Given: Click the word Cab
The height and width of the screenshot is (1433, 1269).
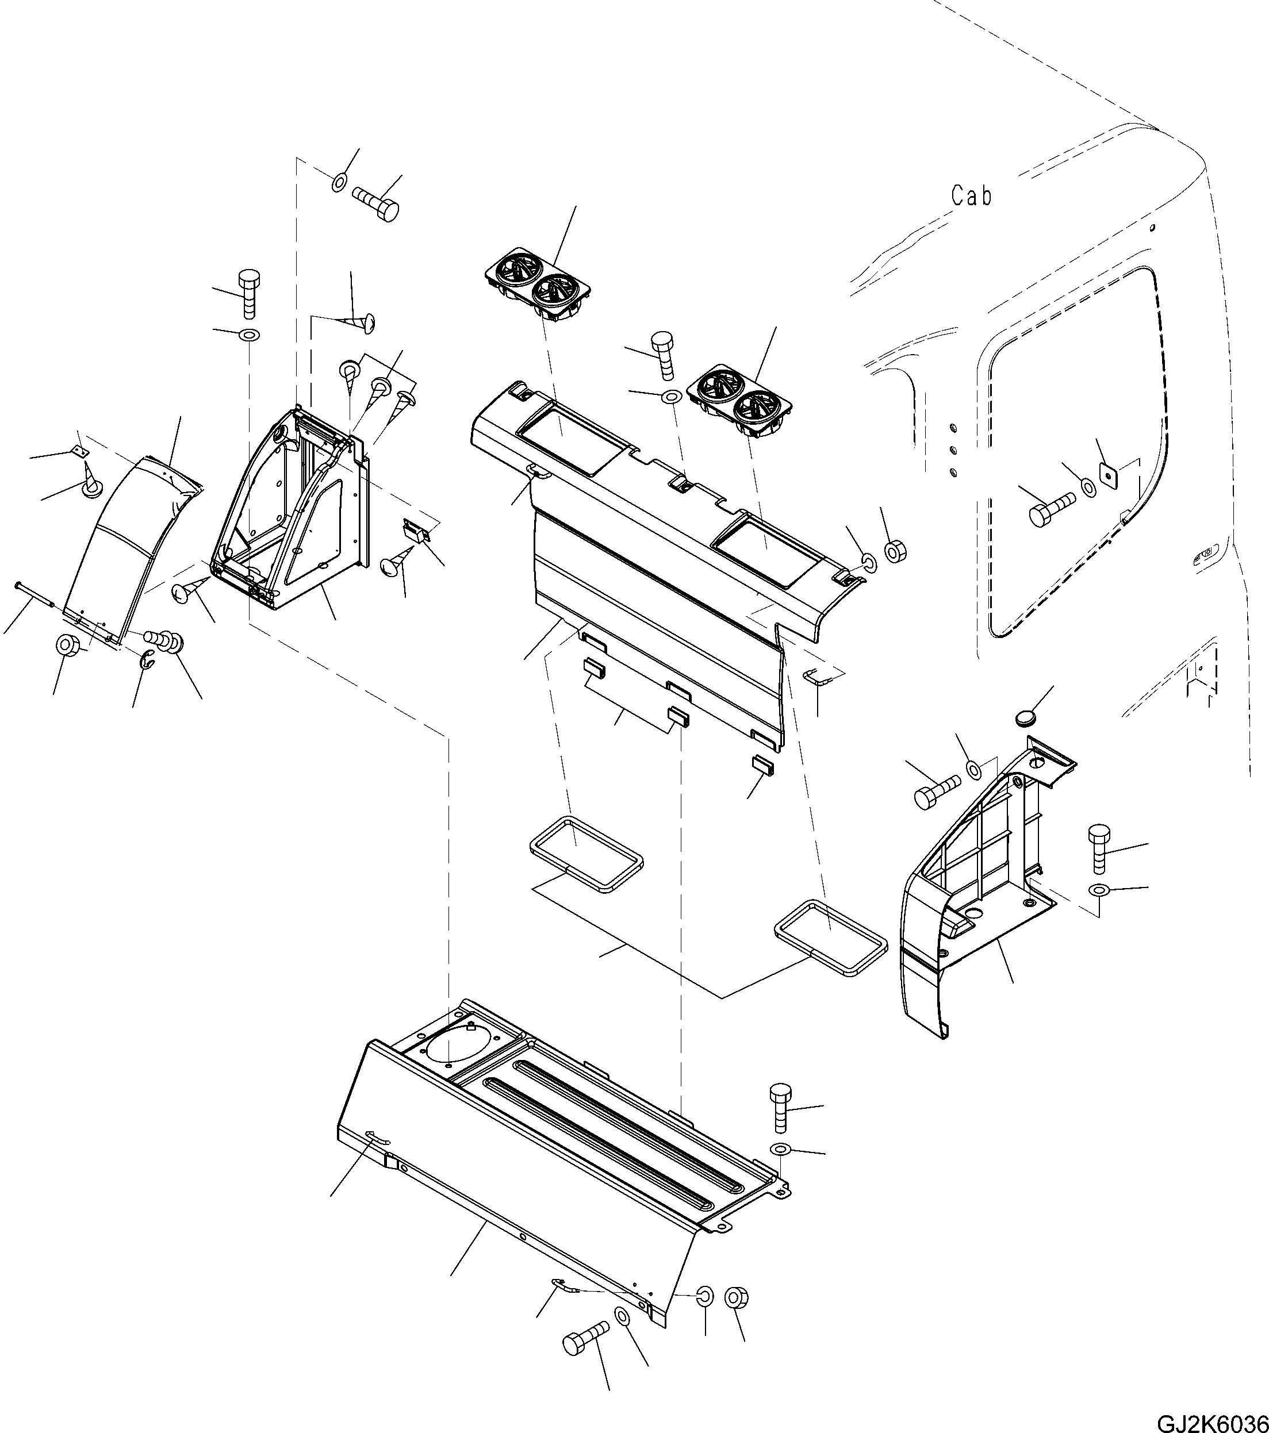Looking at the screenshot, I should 972,195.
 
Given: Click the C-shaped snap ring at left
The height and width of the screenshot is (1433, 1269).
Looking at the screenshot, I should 147,659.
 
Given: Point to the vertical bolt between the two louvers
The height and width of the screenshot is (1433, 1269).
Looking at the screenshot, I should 662,355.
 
